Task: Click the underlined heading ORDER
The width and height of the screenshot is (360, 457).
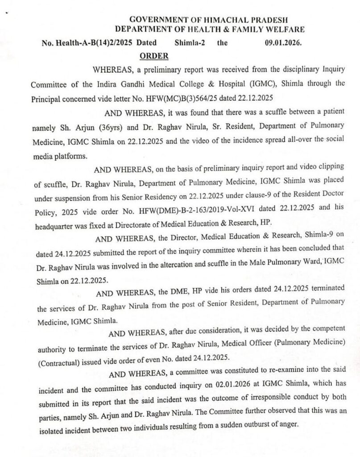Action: coord(154,56)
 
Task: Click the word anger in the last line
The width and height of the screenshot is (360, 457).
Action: coord(288,424)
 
